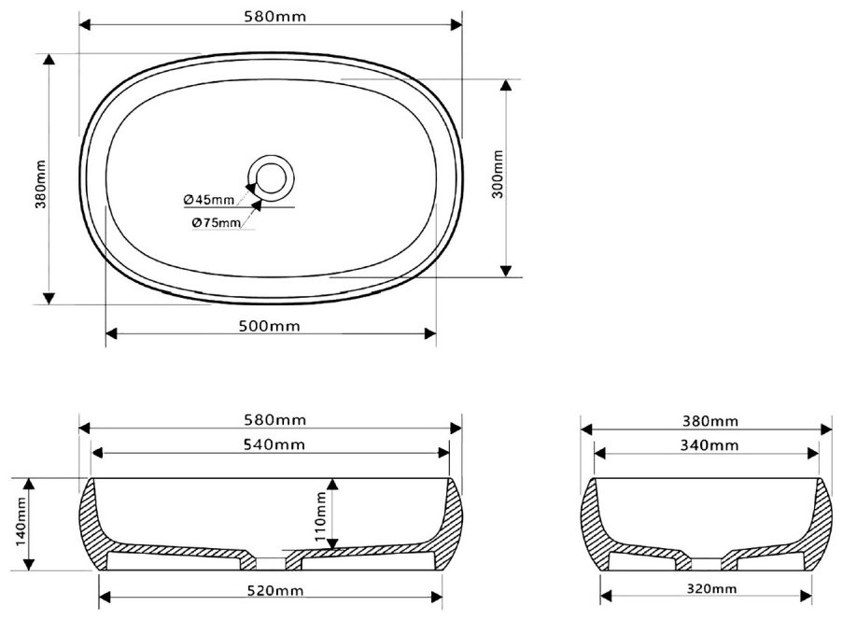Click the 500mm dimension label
[x=270, y=326]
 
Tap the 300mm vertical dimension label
[x=498, y=175]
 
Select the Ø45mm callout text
[x=209, y=200]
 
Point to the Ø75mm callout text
[x=217, y=221]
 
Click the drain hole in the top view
[x=271, y=178]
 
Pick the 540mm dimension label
[x=274, y=444]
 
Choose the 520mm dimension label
[x=275, y=590]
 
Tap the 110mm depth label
[x=320, y=516]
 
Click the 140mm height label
[x=21, y=521]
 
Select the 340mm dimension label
[x=710, y=445]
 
